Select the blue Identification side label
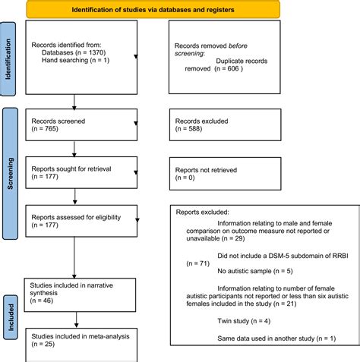pyautogui.click(x=9, y=58)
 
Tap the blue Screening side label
pyautogui.click(x=9, y=162)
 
